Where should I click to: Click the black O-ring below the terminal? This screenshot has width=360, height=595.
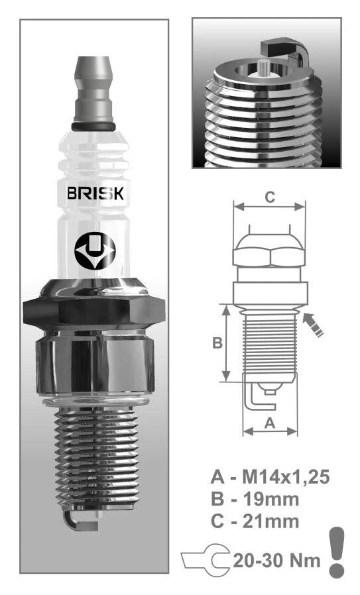point(93,126)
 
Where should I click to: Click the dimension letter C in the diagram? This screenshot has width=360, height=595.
point(269,197)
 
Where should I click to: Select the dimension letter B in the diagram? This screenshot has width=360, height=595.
point(216,343)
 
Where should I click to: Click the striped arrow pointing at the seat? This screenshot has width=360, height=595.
point(313,325)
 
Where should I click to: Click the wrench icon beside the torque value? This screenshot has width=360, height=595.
point(206,560)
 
